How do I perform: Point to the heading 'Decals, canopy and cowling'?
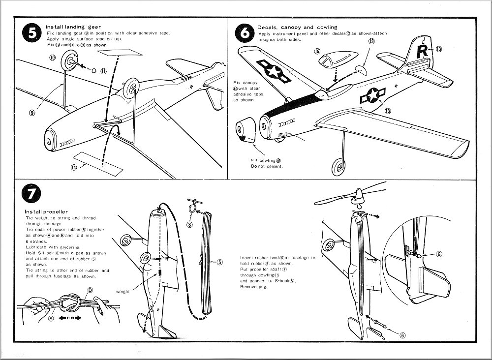[x=297, y=27]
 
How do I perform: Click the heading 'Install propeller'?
[x=46, y=211]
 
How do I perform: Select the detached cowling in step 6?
[x=246, y=132]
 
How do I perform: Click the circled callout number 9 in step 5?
[x=32, y=112]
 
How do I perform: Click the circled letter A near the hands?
[x=50, y=318]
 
